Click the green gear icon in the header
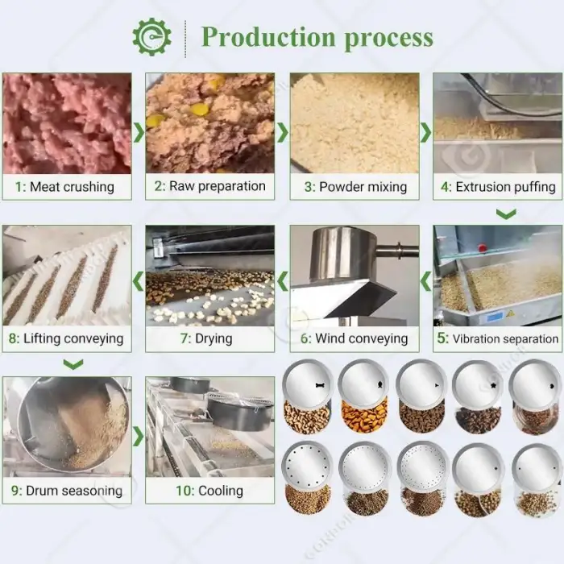[x=151, y=37]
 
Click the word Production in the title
[x=268, y=37]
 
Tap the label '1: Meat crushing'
[x=64, y=187]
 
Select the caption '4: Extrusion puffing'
[x=498, y=187]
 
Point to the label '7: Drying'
[x=206, y=338]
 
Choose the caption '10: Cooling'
[x=209, y=491]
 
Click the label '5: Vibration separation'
[x=498, y=338]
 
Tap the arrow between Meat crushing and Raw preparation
[x=139, y=132]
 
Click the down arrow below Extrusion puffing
[x=506, y=214]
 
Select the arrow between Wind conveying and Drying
[x=283, y=281]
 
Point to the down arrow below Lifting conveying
[x=73, y=364]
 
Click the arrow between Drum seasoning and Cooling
[x=139, y=437]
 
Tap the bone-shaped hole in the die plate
[x=320, y=385]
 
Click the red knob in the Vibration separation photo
[x=482, y=247]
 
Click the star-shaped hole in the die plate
[x=493, y=386]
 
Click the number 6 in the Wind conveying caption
[x=305, y=338]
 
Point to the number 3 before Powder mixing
[x=309, y=187]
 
